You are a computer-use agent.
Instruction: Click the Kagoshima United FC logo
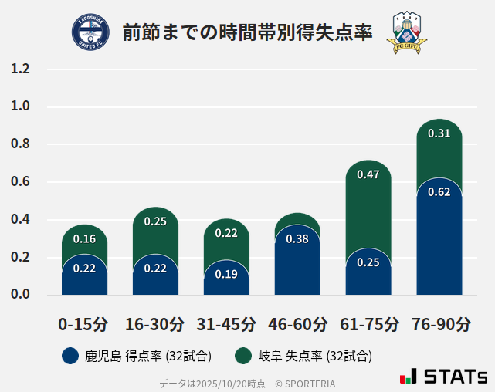coord(90,32)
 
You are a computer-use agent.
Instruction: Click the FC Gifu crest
coord(406,32)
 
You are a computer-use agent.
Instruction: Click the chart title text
coord(247,32)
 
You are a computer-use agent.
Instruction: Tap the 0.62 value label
coord(439,191)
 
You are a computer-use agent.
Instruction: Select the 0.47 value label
coord(368,174)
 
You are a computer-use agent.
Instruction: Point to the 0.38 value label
coord(297,238)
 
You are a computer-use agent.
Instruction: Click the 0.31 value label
coord(439,133)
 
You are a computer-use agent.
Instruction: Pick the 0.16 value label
coord(84,238)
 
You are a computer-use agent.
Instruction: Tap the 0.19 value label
coord(226,274)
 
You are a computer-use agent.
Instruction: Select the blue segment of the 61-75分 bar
coord(368,274)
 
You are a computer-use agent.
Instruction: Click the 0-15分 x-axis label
coord(84,324)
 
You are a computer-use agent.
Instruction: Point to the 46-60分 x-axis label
coord(297,324)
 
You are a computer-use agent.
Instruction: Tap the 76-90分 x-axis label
coord(439,324)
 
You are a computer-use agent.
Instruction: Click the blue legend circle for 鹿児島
coord(71,356)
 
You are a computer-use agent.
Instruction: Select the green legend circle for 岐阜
coord(244,356)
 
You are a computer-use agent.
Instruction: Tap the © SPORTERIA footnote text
coord(305,383)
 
